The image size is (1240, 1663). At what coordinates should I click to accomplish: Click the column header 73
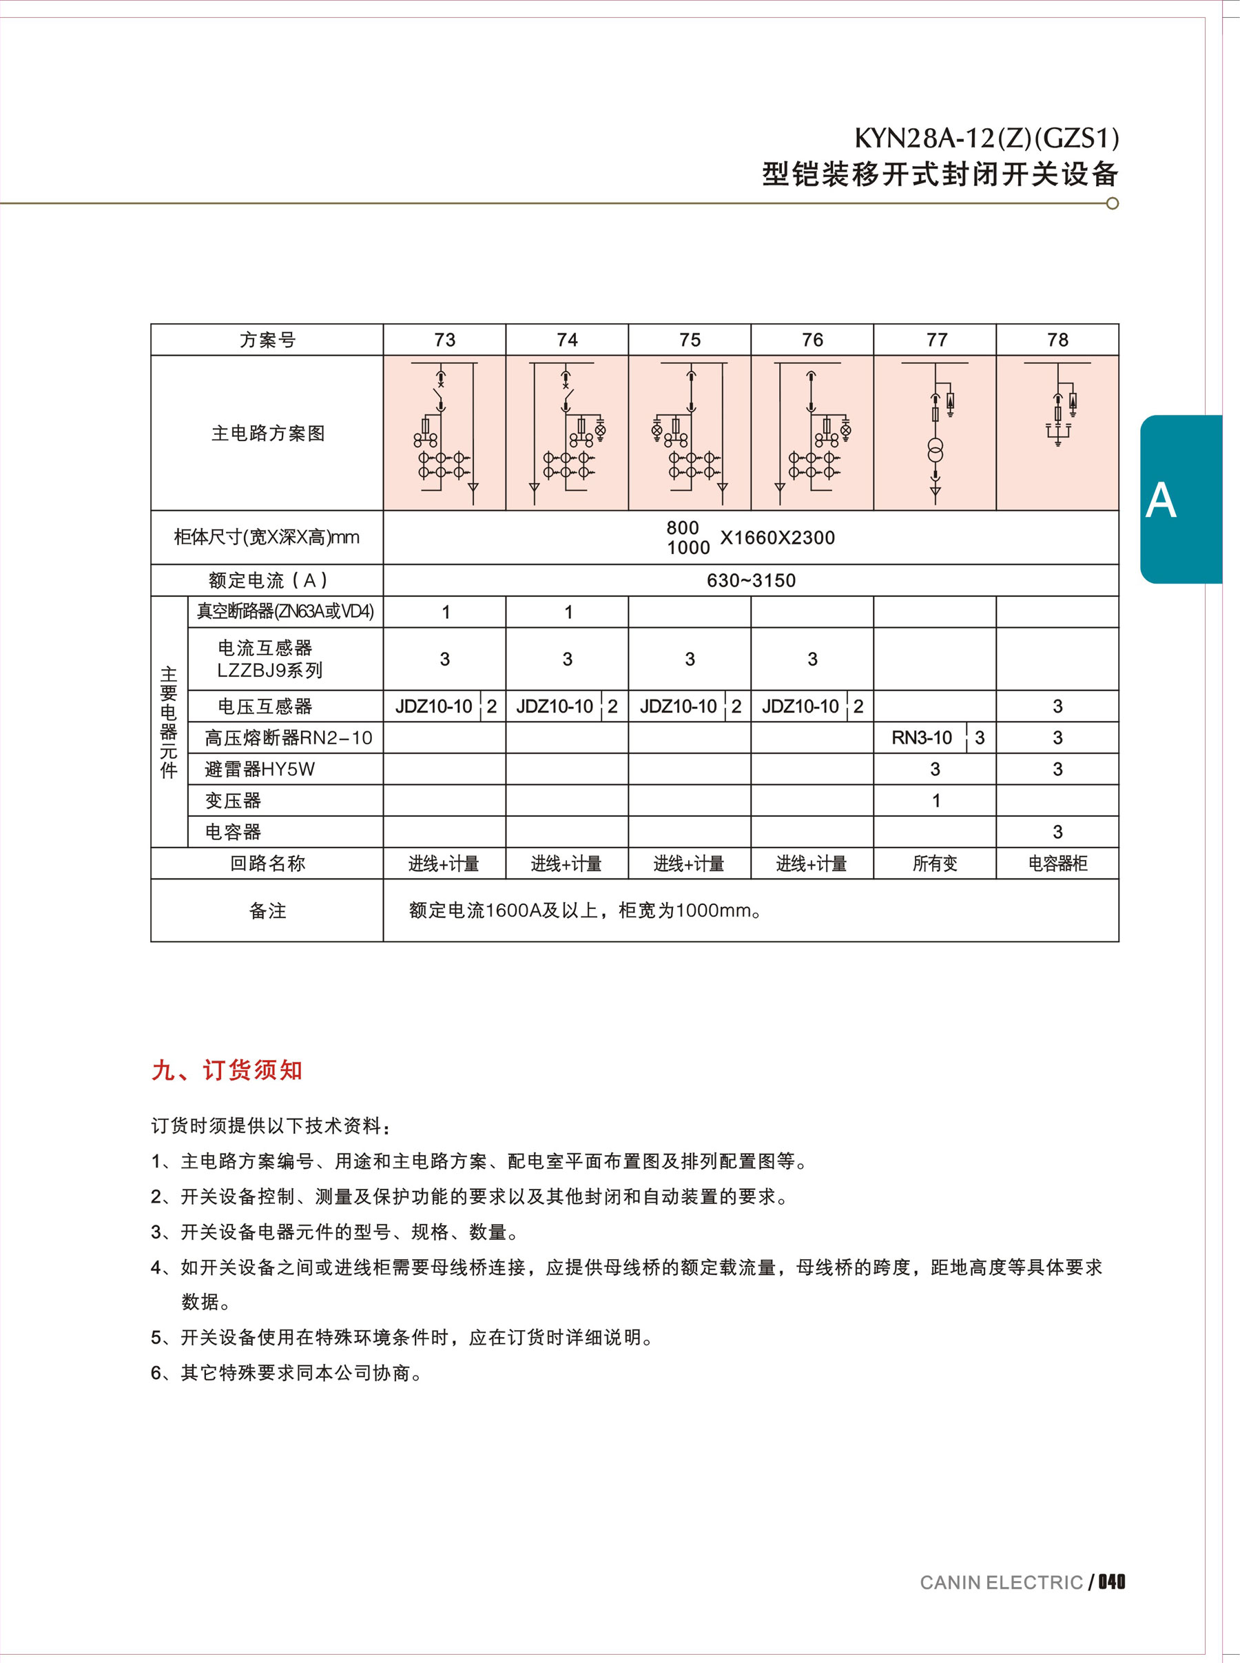[444, 340]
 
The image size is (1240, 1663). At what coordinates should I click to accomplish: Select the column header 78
[1057, 340]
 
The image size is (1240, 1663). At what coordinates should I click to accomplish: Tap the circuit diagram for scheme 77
[936, 433]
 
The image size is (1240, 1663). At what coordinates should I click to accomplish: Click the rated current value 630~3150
[751, 580]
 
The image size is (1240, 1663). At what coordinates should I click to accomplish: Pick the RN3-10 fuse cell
[921, 738]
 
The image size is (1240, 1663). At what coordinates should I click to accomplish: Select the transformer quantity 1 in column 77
[936, 800]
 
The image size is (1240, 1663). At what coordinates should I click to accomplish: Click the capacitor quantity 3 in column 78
[1057, 832]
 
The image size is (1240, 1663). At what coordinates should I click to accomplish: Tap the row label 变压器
[233, 800]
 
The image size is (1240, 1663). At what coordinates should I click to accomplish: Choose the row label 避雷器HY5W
[260, 769]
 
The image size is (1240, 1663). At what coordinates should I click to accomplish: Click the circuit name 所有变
[936, 864]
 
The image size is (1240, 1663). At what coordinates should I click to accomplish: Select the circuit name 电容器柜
[1057, 864]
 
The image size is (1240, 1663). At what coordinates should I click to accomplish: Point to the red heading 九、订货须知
[227, 1070]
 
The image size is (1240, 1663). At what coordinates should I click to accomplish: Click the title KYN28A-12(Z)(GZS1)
[986, 138]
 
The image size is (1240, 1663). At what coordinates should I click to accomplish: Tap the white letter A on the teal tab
[1161, 501]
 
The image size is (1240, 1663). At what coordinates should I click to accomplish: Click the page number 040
[1112, 1582]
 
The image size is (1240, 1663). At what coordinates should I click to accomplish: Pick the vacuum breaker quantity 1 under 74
[568, 612]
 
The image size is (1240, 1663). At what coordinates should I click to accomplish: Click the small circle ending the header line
[1113, 203]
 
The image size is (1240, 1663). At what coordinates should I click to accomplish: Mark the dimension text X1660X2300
[777, 538]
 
